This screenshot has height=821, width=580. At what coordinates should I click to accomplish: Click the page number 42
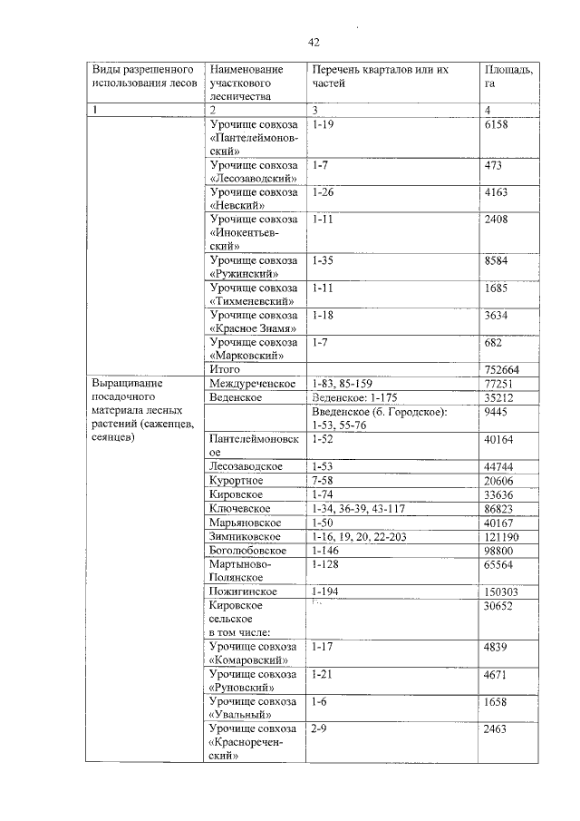pyautogui.click(x=314, y=42)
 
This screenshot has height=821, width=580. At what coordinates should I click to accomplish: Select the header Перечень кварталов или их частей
pyautogui.click(x=380, y=75)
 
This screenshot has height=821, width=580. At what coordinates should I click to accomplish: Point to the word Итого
pyautogui.click(x=225, y=370)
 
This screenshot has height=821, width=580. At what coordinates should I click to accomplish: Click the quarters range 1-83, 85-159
pyautogui.click(x=348, y=385)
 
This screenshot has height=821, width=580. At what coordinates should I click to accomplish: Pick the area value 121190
pyautogui.click(x=505, y=536)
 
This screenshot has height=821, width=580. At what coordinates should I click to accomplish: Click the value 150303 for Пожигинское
pyautogui.click(x=505, y=591)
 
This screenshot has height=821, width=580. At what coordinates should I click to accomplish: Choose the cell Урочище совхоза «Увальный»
pyautogui.click(x=253, y=709)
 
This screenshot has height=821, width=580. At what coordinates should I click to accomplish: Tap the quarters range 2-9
pyautogui.click(x=318, y=729)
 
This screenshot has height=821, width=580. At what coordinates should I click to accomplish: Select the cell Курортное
pyautogui.click(x=236, y=480)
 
